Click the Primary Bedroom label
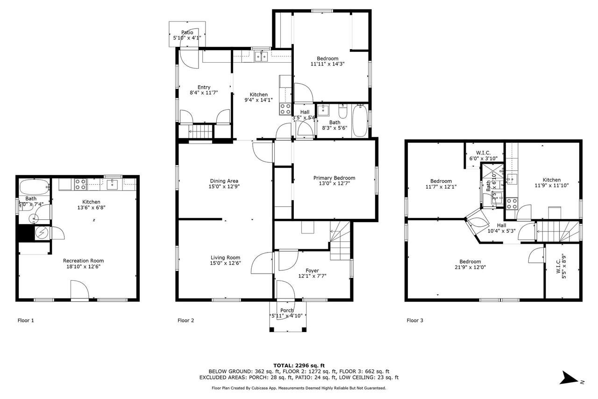334,178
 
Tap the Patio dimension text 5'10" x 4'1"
187,38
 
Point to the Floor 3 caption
415,320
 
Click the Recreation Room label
83,261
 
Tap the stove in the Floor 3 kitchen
512,203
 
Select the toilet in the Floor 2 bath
342,113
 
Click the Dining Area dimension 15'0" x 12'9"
224,188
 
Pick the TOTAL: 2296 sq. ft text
299,365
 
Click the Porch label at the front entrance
287,311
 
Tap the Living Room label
225,257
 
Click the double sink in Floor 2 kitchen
261,57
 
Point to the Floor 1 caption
26,320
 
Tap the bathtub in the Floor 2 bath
360,121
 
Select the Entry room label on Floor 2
204,87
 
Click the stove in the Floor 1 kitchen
80,185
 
